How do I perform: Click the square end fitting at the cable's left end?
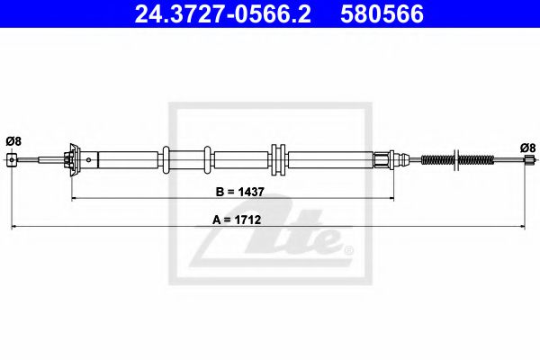pos(12,161)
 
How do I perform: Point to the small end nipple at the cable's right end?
pos(527,161)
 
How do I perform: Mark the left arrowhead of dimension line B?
pos(75,197)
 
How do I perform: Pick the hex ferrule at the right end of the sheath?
pos(385,160)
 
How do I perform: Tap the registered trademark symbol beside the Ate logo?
pos(349,249)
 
